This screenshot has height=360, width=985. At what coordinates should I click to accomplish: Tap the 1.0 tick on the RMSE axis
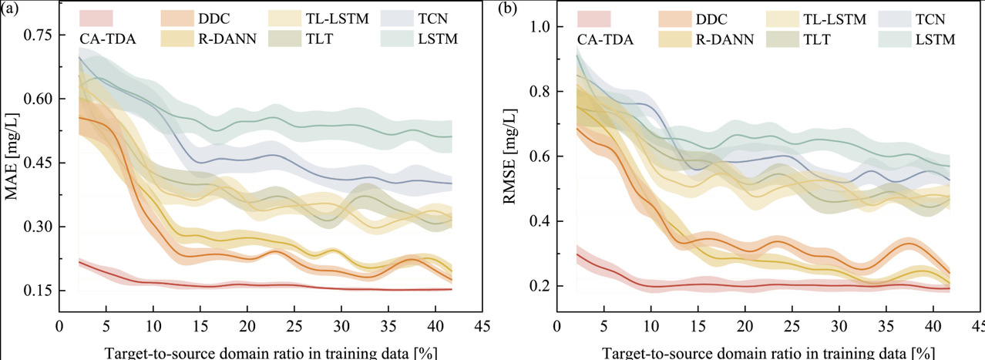543,26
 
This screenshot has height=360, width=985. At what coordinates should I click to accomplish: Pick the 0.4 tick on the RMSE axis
543,221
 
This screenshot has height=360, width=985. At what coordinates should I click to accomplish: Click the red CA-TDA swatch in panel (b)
593,17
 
